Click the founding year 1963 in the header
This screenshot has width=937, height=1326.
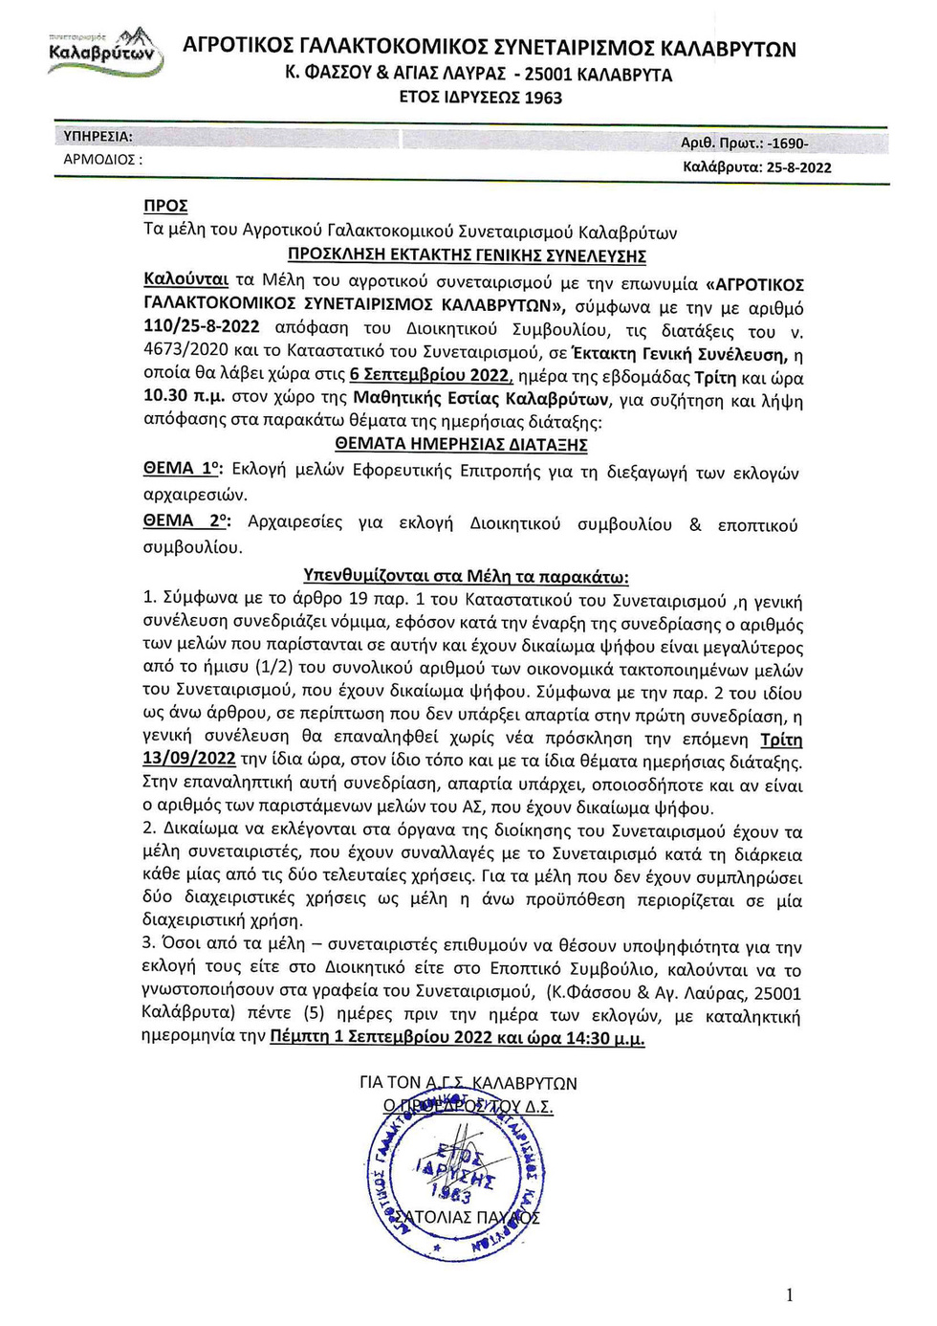[x=543, y=98]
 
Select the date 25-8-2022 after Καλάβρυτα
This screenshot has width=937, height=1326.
[x=798, y=167]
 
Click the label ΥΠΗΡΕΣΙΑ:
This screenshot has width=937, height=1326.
[x=98, y=137]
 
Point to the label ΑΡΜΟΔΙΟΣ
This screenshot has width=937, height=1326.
[x=101, y=160]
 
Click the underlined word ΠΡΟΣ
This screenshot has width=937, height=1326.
[x=165, y=206]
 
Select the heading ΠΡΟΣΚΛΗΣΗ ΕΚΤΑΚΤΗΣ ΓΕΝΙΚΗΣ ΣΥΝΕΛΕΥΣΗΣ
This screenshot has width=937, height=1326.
[x=467, y=255]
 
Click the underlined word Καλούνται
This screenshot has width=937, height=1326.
[x=185, y=279]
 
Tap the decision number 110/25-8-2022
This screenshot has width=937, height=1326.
[x=201, y=326]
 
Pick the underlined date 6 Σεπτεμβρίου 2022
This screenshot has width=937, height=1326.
[x=430, y=375]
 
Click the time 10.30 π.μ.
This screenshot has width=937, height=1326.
[x=184, y=395]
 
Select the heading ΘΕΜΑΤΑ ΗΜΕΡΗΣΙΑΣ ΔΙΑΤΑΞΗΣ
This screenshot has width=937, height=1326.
[x=461, y=444]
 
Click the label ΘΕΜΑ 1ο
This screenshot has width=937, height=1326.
[x=182, y=468]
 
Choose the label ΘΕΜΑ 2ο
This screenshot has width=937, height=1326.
[x=185, y=520]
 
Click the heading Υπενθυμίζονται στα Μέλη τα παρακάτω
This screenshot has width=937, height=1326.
[x=466, y=576]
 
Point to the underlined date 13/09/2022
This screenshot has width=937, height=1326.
[x=188, y=759]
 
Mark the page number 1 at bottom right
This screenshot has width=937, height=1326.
[x=789, y=1295]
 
